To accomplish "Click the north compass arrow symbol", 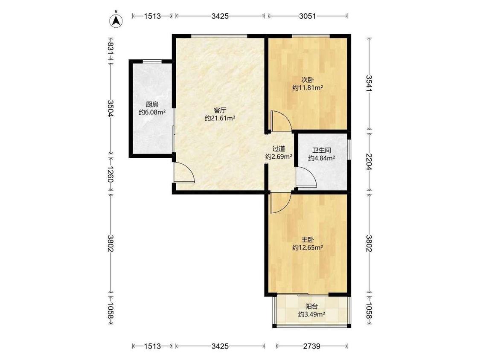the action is [x=116, y=20].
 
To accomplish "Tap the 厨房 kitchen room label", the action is [x=152, y=105].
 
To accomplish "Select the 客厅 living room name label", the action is [x=220, y=110].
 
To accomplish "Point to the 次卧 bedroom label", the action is [x=308, y=80].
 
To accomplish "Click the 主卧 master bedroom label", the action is [x=308, y=239].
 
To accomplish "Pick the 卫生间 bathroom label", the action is [x=321, y=150].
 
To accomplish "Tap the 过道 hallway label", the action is [x=279, y=149].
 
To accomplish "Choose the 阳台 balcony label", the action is [x=311, y=306].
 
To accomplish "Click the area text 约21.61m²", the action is [x=220, y=118].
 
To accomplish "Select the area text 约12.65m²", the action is [x=308, y=247].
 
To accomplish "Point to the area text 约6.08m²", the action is [x=152, y=112].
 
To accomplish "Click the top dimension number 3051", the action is [x=307, y=16].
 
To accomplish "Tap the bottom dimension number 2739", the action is [x=311, y=346].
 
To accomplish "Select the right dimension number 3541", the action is [x=369, y=83].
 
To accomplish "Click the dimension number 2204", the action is [x=369, y=162].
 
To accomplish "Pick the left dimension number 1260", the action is [x=111, y=174].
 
